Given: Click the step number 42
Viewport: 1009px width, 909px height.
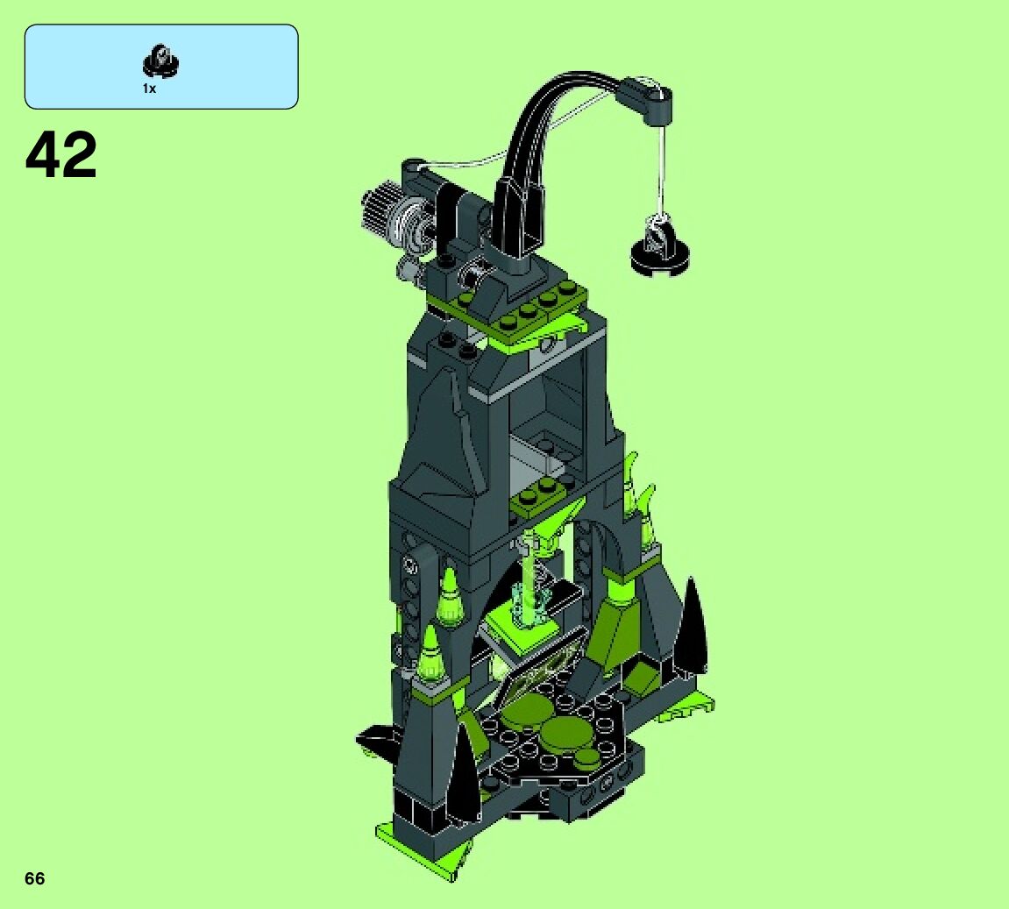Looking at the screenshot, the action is [61, 155].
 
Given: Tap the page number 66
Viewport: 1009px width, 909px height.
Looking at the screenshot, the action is [35, 878].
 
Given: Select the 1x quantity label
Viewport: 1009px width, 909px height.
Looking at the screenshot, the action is [149, 89].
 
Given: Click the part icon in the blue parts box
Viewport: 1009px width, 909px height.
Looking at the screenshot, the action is [160, 61].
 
